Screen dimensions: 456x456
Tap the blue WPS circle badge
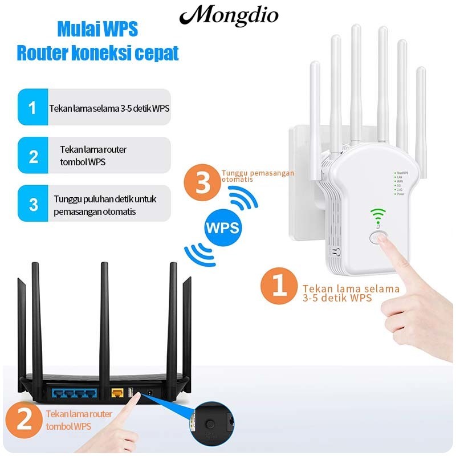(222, 227)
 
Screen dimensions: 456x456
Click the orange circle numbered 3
(201, 183)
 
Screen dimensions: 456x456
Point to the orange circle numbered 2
(23, 421)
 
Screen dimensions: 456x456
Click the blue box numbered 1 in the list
(33, 107)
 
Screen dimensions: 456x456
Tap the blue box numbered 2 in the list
(33, 156)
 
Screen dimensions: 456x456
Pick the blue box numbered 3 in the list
(33, 204)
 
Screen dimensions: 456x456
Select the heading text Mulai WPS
(97, 29)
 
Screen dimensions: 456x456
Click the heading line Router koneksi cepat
(97, 53)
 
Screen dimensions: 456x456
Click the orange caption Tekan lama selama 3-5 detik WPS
(351, 293)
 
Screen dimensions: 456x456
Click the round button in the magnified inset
(211, 424)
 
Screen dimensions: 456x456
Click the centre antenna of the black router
(104, 319)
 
